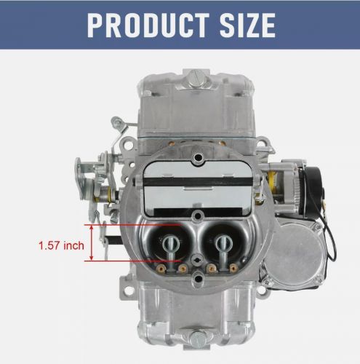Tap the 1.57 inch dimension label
[60, 245]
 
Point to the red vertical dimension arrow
[92, 244]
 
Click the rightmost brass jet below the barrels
[233, 268]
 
